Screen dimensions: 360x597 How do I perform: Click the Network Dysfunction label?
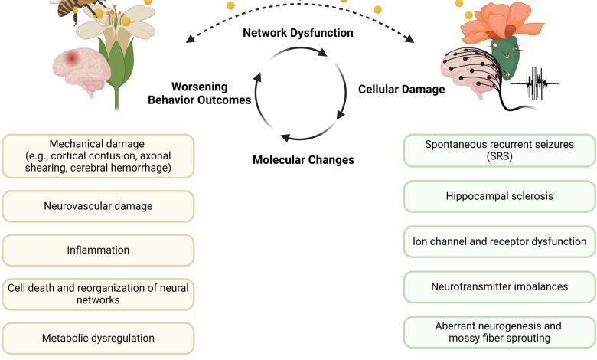298,33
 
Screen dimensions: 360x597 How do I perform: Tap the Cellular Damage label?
401,90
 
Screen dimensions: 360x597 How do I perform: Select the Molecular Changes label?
302,160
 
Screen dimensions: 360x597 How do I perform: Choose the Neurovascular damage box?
99,206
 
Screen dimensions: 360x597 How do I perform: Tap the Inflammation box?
99,250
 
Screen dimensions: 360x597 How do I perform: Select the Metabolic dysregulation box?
99,338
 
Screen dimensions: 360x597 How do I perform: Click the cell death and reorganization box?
99,294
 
